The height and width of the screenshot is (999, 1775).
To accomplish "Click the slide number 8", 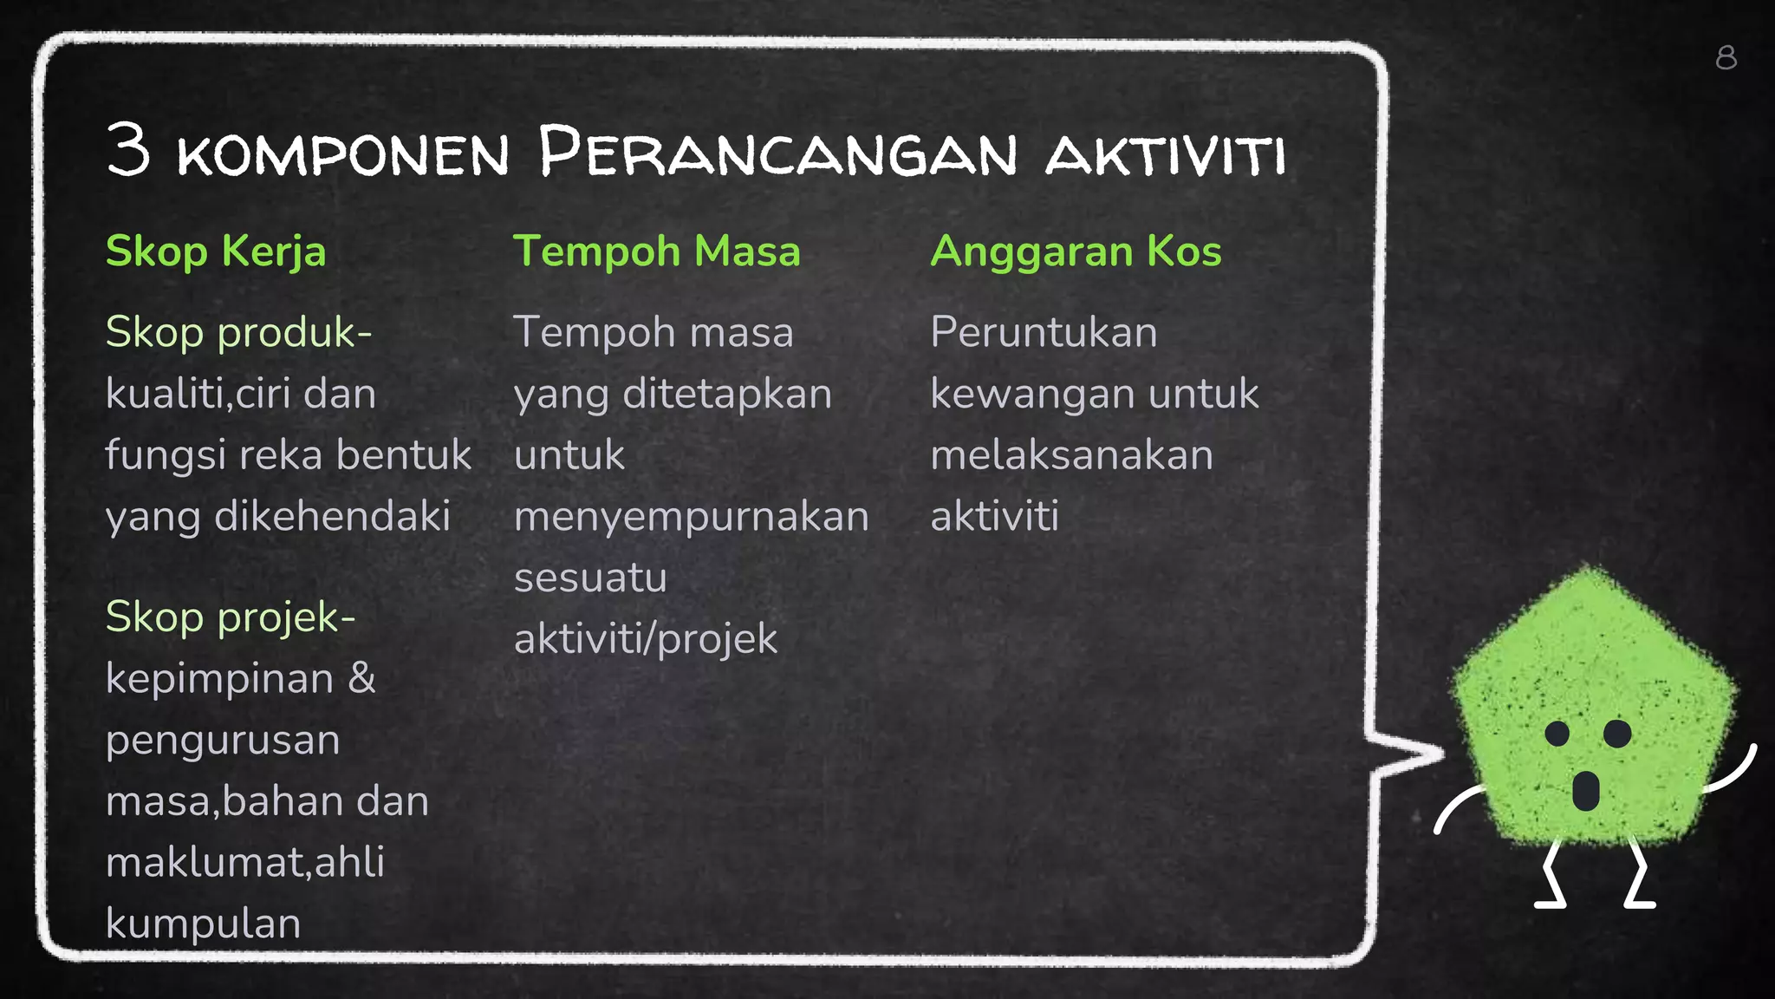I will tap(1726, 58).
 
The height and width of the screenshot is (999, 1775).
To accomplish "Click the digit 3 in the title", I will tap(128, 150).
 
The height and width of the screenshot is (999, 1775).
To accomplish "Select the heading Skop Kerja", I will tap(216, 251).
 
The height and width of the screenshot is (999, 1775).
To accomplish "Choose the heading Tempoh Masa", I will tap(656, 251).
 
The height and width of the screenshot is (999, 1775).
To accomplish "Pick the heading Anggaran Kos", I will tap(1076, 251).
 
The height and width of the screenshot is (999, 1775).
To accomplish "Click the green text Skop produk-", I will tap(238, 332).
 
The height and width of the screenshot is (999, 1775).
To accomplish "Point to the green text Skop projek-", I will tap(231, 617).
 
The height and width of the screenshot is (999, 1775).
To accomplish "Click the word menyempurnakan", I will tap(691, 517).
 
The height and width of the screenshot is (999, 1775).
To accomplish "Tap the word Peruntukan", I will tap(1044, 332).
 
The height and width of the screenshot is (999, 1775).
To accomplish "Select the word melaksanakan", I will tap(1071, 455).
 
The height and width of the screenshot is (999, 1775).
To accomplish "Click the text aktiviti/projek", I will tap(646, 639).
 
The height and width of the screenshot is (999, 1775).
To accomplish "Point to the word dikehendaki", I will tap(332, 517).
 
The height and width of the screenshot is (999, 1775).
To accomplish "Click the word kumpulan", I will tap(203, 924).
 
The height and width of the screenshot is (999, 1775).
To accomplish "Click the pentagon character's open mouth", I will tap(1585, 790).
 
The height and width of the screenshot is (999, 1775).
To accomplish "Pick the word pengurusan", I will tap(223, 741).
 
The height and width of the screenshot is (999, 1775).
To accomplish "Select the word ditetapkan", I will tap(727, 394).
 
